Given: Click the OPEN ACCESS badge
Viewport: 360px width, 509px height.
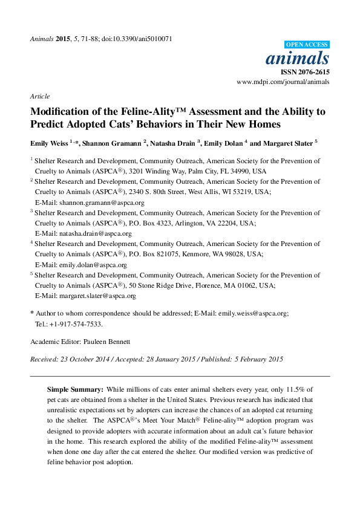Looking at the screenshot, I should click(307, 45).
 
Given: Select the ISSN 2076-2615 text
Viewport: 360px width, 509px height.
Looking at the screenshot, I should click(305, 71).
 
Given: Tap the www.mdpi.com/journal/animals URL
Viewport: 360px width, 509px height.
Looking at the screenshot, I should click(283, 81).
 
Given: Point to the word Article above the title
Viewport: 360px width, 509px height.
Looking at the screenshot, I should click(39, 96).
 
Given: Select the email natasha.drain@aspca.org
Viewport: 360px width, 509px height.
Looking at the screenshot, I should click(95, 233).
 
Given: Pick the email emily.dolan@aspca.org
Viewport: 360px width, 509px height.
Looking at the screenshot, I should click(93, 265).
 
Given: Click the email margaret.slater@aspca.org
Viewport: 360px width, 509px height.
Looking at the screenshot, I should click(97, 296).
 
